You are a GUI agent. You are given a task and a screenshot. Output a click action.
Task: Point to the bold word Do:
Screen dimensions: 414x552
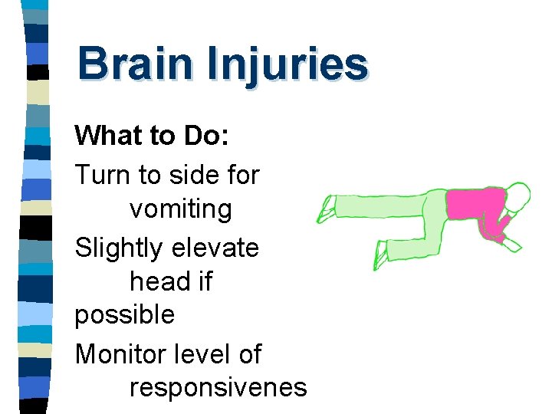tap(200, 136)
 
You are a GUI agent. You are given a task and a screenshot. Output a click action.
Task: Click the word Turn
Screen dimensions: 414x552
tap(103, 175)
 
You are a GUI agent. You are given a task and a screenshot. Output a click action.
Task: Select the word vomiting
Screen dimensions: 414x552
tap(180, 209)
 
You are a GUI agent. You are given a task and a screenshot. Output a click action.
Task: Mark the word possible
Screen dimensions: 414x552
tap(124, 314)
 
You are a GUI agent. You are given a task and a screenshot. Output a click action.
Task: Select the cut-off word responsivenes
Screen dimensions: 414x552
tap(219, 388)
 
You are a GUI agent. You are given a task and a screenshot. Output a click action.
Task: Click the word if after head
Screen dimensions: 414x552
tap(203, 281)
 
